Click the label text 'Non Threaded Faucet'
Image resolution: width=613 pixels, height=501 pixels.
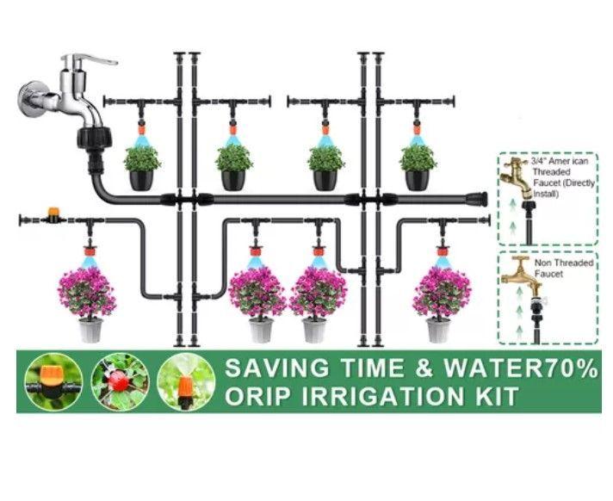pos(564,269)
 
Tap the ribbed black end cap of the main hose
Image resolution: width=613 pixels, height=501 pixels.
pos(476,200)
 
